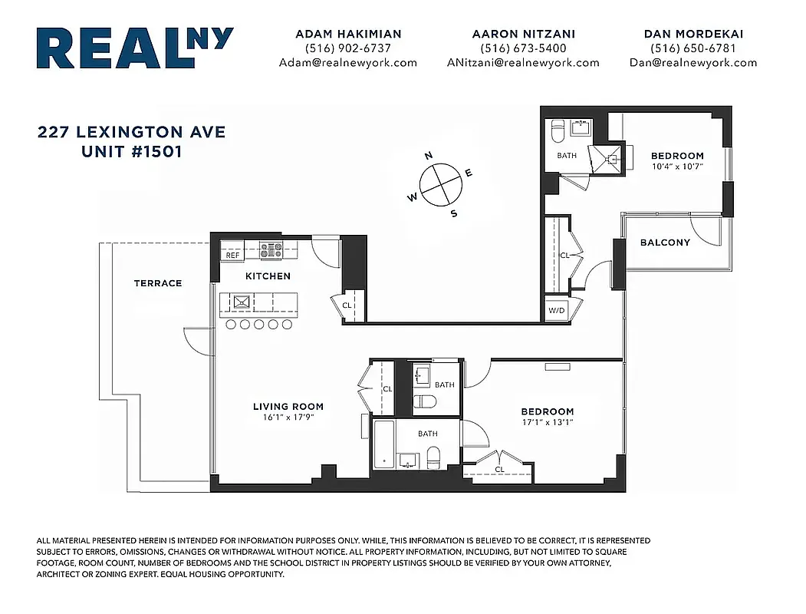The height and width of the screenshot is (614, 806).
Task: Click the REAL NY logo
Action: (134, 49)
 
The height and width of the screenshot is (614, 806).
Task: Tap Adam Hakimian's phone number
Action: (347, 48)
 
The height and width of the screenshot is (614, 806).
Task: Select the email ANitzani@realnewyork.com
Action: (522, 63)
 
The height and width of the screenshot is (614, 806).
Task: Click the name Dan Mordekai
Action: (693, 34)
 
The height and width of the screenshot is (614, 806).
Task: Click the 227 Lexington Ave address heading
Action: (131, 132)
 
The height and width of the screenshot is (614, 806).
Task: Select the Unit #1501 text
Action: (131, 151)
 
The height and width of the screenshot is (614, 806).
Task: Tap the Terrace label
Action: (158, 283)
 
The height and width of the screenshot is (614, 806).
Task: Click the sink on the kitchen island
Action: (242, 302)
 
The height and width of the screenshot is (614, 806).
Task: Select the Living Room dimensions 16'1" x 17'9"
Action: (288, 418)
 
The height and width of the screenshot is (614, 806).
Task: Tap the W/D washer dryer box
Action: (555, 310)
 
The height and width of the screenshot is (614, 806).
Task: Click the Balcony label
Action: (665, 243)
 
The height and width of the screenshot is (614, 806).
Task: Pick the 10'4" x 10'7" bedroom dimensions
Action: (677, 166)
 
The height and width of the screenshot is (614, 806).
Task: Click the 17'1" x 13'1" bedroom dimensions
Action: (547, 422)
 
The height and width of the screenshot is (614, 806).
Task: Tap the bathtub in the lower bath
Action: (384, 444)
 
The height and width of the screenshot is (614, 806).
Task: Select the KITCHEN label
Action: (268, 276)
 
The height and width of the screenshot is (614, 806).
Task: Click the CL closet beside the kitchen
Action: (347, 305)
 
